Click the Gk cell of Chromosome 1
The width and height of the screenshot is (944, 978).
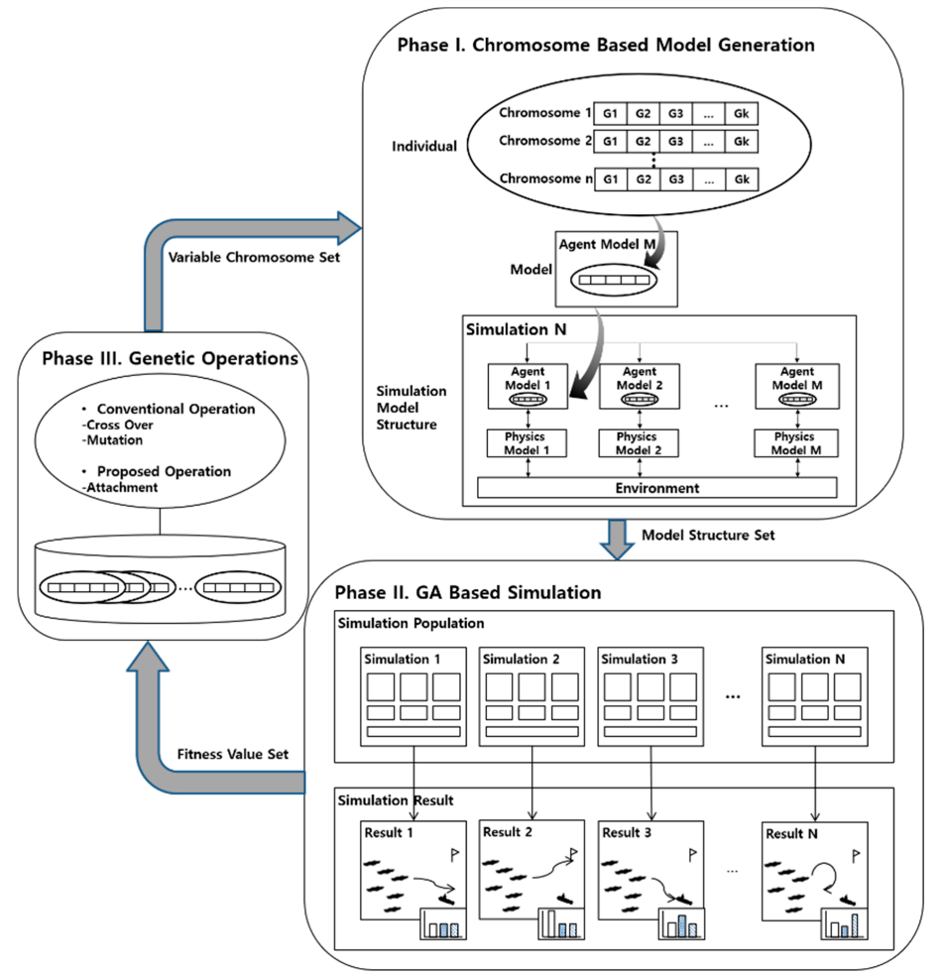click(x=742, y=113)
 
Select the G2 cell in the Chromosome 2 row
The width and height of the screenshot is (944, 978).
click(x=643, y=142)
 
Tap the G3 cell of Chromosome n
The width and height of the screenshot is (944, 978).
click(x=676, y=180)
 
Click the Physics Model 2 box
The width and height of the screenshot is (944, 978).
click(x=639, y=443)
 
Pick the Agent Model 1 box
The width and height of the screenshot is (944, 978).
click(x=528, y=386)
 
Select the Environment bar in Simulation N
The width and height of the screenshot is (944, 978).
click(x=656, y=488)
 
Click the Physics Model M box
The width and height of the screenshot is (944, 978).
click(x=796, y=443)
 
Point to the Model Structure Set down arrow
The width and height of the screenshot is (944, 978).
click(x=617, y=540)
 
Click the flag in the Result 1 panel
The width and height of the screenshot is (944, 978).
click(x=454, y=854)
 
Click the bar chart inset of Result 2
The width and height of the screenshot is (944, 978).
click(x=561, y=923)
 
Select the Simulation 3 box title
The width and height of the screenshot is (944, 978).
click(x=640, y=660)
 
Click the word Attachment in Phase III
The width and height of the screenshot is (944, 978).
click(x=122, y=488)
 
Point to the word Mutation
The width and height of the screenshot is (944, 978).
click(x=114, y=440)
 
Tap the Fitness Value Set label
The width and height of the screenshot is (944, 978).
click(x=233, y=754)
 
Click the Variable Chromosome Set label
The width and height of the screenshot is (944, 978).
click(x=254, y=257)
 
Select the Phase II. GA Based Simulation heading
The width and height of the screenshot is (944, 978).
click(x=468, y=592)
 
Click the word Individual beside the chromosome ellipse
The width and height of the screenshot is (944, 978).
click(x=424, y=146)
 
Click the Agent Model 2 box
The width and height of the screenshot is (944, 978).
click(x=640, y=386)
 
